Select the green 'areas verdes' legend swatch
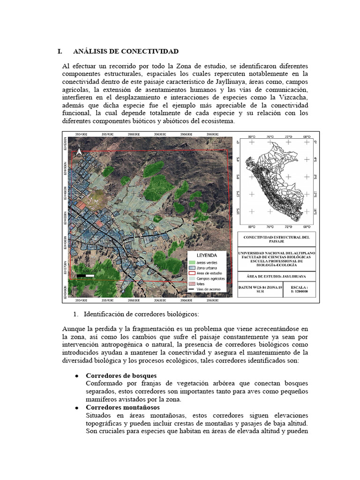click(192, 262)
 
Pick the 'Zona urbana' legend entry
click(206, 268)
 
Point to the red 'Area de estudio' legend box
click(192, 273)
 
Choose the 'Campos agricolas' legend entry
click(210, 278)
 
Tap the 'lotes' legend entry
click(202, 284)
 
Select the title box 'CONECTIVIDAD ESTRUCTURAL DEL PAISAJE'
click(277, 240)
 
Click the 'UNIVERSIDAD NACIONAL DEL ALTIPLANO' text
click(277, 253)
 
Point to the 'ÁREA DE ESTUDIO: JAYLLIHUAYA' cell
click(277, 277)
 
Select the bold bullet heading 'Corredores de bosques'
click(121, 376)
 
